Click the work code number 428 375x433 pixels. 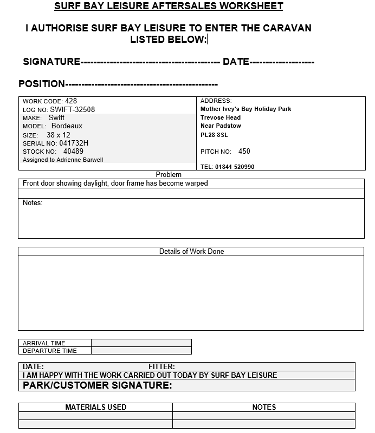coord(71,101)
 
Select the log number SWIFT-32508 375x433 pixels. coord(73,109)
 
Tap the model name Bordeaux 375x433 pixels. coord(67,126)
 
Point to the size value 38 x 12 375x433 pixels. coord(59,135)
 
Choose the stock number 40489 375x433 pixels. coord(73,152)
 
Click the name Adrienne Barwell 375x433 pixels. coord(80,160)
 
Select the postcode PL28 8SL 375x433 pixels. coord(214,135)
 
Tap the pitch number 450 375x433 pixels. coord(244,152)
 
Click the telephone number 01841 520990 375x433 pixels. coord(235,167)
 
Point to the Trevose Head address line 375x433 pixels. coord(221,117)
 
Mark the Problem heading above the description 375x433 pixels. coord(169,174)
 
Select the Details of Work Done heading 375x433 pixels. coord(191,251)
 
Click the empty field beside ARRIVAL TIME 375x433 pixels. coord(141,343)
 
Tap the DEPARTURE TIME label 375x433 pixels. coord(50,350)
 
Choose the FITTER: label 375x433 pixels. coord(161,366)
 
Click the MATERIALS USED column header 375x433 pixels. coord(95,407)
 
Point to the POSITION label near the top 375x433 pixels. coord(42,84)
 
